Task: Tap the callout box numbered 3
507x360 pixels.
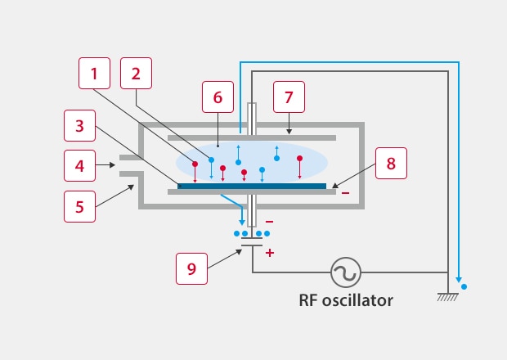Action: click(80, 127)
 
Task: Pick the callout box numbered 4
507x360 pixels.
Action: click(80, 166)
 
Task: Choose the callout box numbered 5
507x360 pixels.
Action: click(80, 205)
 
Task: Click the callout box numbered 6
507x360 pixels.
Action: click(218, 97)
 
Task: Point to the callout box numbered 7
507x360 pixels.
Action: click(288, 97)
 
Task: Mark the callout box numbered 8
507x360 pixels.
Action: click(391, 163)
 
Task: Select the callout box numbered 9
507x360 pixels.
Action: click(192, 268)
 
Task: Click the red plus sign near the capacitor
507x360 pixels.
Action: click(270, 254)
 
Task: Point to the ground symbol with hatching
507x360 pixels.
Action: click(447, 296)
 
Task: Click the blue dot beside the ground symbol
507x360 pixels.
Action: click(464, 287)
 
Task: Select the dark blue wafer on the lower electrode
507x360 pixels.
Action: click(252, 186)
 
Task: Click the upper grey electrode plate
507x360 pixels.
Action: click(252, 137)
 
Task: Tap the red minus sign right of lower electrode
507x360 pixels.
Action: click(346, 193)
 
